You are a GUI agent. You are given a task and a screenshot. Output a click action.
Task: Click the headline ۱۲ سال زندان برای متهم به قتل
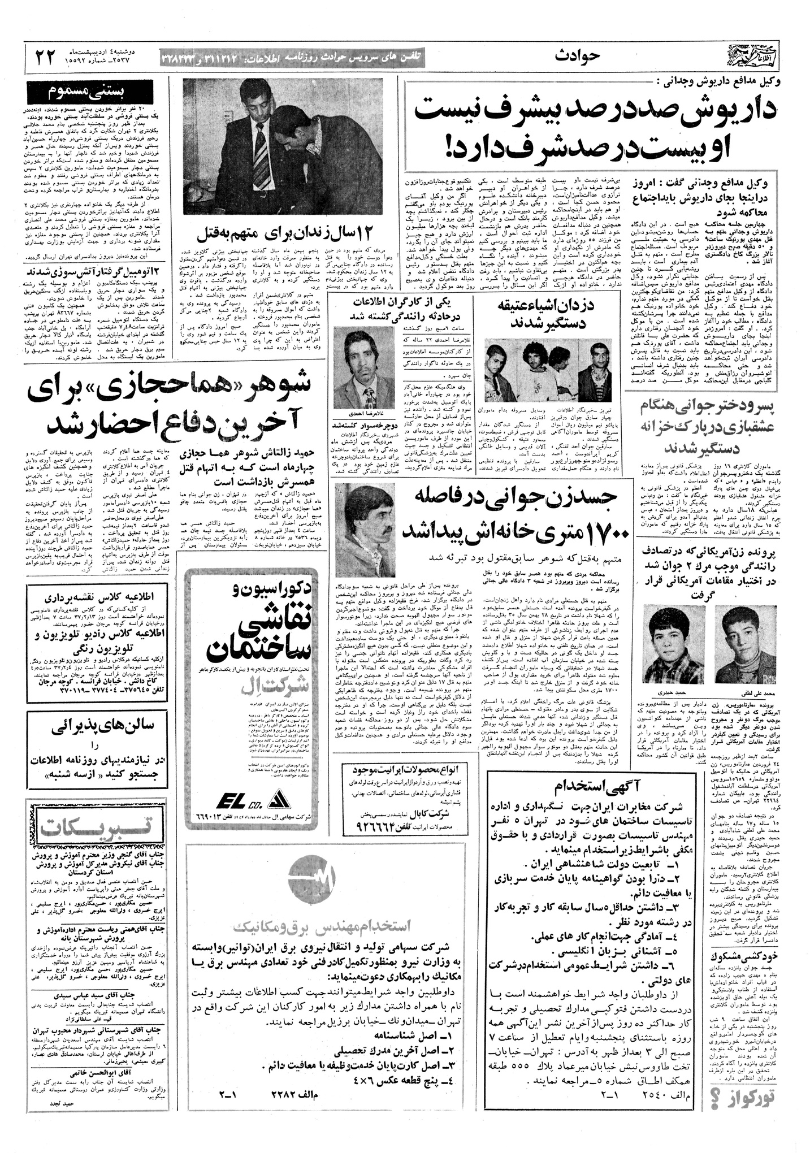(255, 230)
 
